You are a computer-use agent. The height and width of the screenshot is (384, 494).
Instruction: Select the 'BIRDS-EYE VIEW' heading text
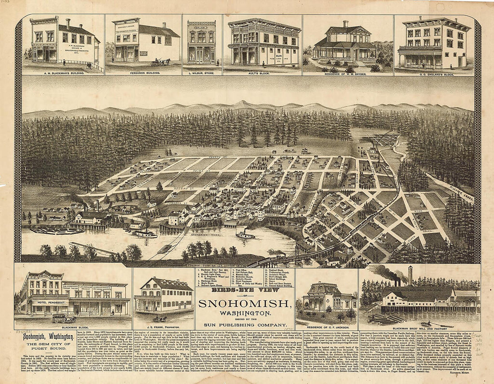[x=246, y=291]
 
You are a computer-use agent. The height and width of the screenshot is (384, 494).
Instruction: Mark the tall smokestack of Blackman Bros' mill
[x=410, y=275]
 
